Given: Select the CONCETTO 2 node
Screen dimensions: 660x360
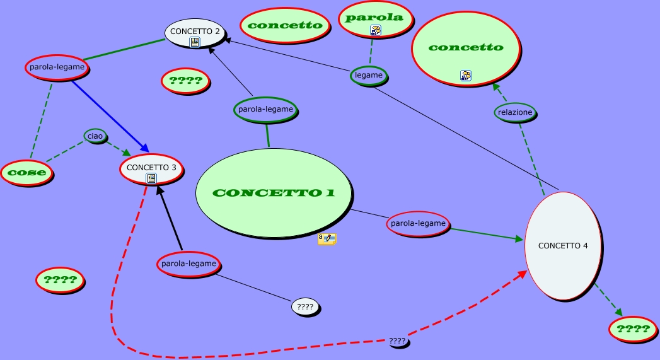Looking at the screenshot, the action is point(195,32).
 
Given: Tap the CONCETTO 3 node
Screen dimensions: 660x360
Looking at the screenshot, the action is point(151,168).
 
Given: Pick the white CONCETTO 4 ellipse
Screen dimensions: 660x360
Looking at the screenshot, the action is point(562,245).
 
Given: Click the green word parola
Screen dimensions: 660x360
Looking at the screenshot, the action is point(374,17).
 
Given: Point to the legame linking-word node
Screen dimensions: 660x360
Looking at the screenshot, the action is point(369,75).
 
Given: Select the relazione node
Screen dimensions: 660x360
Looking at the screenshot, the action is point(515,112).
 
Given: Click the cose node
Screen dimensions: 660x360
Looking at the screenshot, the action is point(27,172).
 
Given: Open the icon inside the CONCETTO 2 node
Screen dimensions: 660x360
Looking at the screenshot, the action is point(195,42).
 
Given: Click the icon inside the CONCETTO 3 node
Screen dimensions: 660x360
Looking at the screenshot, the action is point(151,178).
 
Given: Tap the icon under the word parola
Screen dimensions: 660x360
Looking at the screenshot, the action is point(376,30).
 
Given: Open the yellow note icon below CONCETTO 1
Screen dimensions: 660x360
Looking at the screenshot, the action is point(327,238).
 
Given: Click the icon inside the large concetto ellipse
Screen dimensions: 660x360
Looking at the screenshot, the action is point(466,76).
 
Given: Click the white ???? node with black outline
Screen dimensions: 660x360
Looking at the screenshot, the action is point(305,307).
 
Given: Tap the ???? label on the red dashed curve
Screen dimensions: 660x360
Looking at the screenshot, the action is point(398,342).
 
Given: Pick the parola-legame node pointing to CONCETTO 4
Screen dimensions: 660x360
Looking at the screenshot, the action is point(418,223).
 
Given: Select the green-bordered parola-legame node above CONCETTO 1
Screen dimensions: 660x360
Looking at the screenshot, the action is point(265,109).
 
